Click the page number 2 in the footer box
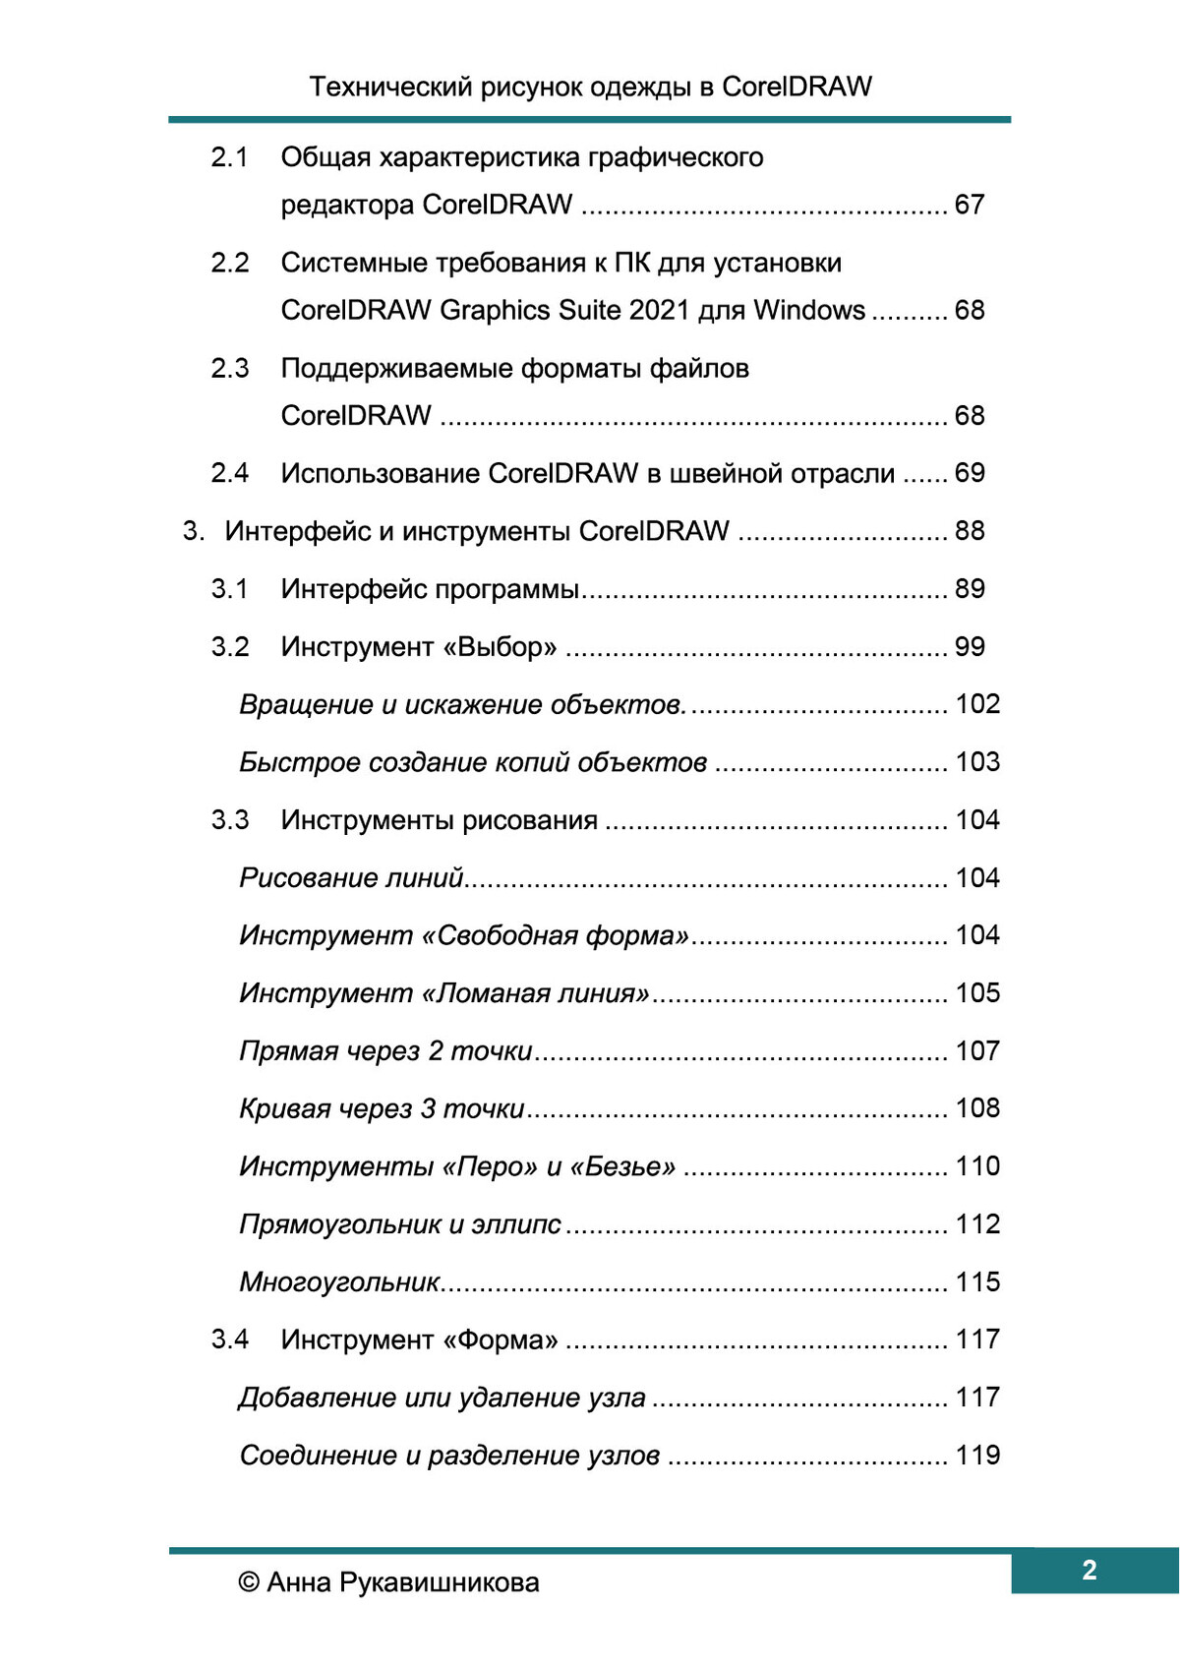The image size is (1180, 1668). (1089, 1570)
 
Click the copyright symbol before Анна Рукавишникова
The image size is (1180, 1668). (250, 1582)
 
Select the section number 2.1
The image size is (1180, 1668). (229, 157)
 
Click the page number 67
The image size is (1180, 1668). (970, 205)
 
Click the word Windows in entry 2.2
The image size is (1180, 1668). (809, 310)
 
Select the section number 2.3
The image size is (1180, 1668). (229, 368)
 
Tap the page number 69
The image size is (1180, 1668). (970, 473)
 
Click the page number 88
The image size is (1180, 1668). (970, 531)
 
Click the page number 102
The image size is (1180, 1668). (977, 704)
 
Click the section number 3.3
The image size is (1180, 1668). (229, 820)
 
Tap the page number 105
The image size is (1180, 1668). (977, 993)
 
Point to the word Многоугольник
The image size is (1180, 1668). (340, 1282)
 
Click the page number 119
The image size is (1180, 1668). (977, 1456)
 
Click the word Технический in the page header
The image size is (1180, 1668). (390, 87)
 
